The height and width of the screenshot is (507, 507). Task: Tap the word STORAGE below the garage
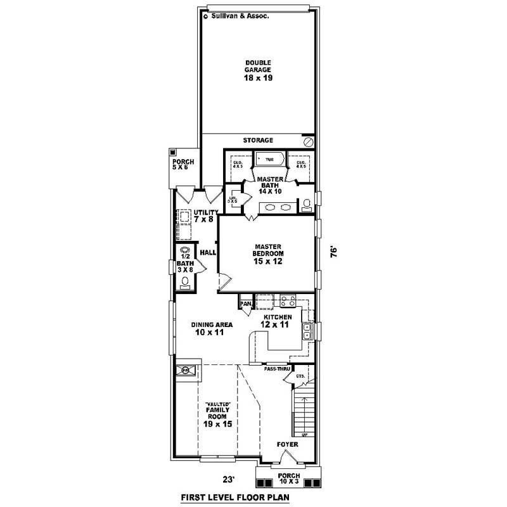point(258,140)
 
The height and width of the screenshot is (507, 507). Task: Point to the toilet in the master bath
point(307,204)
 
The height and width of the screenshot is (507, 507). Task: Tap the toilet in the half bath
point(185,282)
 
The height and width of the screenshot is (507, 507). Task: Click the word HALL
point(208,253)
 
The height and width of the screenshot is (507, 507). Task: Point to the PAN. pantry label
point(245,304)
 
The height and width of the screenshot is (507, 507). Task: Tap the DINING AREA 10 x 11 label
point(212,328)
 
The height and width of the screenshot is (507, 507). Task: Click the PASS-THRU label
point(277,368)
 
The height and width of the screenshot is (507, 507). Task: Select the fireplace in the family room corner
point(186,371)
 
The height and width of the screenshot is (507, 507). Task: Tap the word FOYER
point(287,445)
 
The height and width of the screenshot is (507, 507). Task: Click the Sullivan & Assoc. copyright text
point(237,17)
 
